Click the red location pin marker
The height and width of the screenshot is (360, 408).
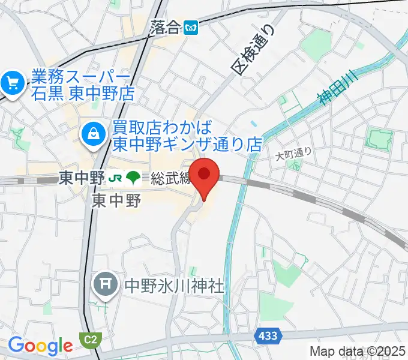pyautogui.click(x=205, y=175)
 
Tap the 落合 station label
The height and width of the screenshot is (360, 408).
pyautogui.click(x=166, y=27)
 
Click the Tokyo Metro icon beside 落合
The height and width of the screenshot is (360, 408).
pyautogui.click(x=191, y=27)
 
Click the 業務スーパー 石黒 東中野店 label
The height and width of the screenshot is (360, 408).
pyautogui.click(x=80, y=85)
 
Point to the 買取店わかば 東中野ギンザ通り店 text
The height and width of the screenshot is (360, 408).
pyautogui.click(x=188, y=136)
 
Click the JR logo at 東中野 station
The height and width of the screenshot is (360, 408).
pyautogui.click(x=115, y=178)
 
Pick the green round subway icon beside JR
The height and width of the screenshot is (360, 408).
pyautogui.click(x=134, y=178)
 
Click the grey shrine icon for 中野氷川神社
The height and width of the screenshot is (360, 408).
pyautogui.click(x=106, y=285)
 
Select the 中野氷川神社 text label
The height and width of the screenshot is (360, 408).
pyautogui.click(x=173, y=285)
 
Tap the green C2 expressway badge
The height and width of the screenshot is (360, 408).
pyautogui.click(x=91, y=339)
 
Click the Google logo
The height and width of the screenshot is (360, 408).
pyautogui.click(x=40, y=346)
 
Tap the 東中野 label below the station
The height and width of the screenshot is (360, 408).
pyautogui.click(x=117, y=200)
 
